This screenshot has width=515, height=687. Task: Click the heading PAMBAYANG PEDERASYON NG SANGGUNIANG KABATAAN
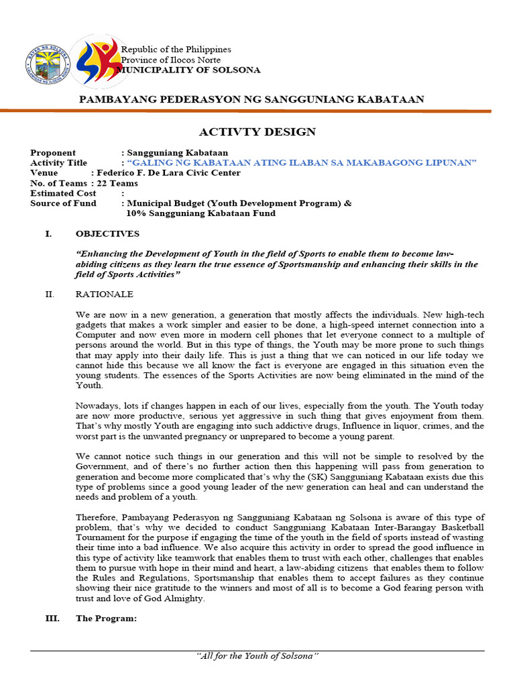[x=252, y=99]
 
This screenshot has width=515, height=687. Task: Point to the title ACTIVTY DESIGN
[x=257, y=131]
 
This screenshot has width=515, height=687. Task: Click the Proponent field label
[x=53, y=153]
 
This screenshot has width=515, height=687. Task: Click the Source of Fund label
[x=63, y=203]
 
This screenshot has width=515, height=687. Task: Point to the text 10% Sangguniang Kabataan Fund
[x=201, y=213]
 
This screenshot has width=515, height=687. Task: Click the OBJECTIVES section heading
[x=107, y=233]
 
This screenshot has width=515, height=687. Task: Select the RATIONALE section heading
[x=104, y=295]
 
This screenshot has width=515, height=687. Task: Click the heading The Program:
[x=106, y=619]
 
